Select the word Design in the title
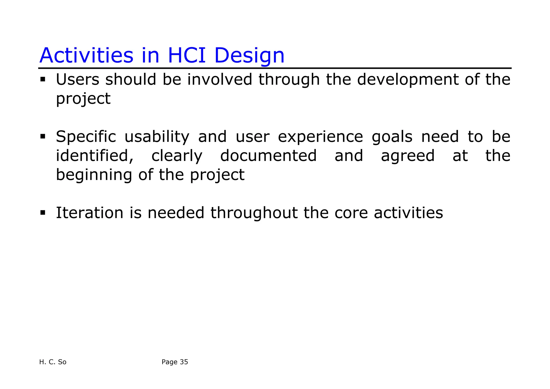tap(249, 56)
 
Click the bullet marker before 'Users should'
tap(43, 79)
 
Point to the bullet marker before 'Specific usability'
tap(43, 136)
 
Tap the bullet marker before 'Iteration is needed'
tap(43, 213)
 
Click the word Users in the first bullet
tap(77, 80)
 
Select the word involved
tap(220, 80)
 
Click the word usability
tap(157, 137)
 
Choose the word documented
tap(268, 156)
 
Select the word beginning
tap(94, 175)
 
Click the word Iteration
tap(89, 213)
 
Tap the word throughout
tap(254, 213)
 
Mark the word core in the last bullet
tap(351, 213)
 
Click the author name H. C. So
tap(53, 362)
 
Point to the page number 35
tap(184, 362)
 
